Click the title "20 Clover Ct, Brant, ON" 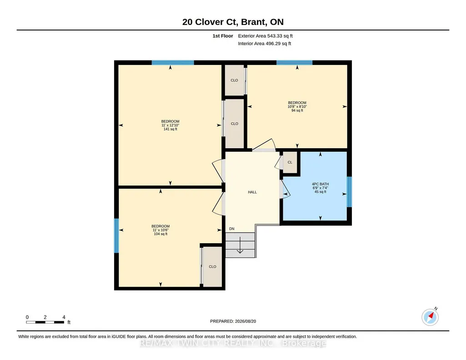233,22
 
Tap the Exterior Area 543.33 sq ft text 265,36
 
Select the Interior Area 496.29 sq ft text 265,43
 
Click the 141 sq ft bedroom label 170,125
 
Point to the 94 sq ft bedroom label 297,107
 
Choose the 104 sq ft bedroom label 160,230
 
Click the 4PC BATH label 321,188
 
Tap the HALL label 252,192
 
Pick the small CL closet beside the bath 290,162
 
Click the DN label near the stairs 232,229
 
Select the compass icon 430,317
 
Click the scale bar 45,322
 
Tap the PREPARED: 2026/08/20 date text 233,321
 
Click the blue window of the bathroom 350,192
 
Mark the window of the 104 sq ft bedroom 116,236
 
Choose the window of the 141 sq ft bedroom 173,63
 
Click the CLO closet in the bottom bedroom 212,267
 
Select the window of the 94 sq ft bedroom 294,63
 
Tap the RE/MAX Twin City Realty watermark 233,343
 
